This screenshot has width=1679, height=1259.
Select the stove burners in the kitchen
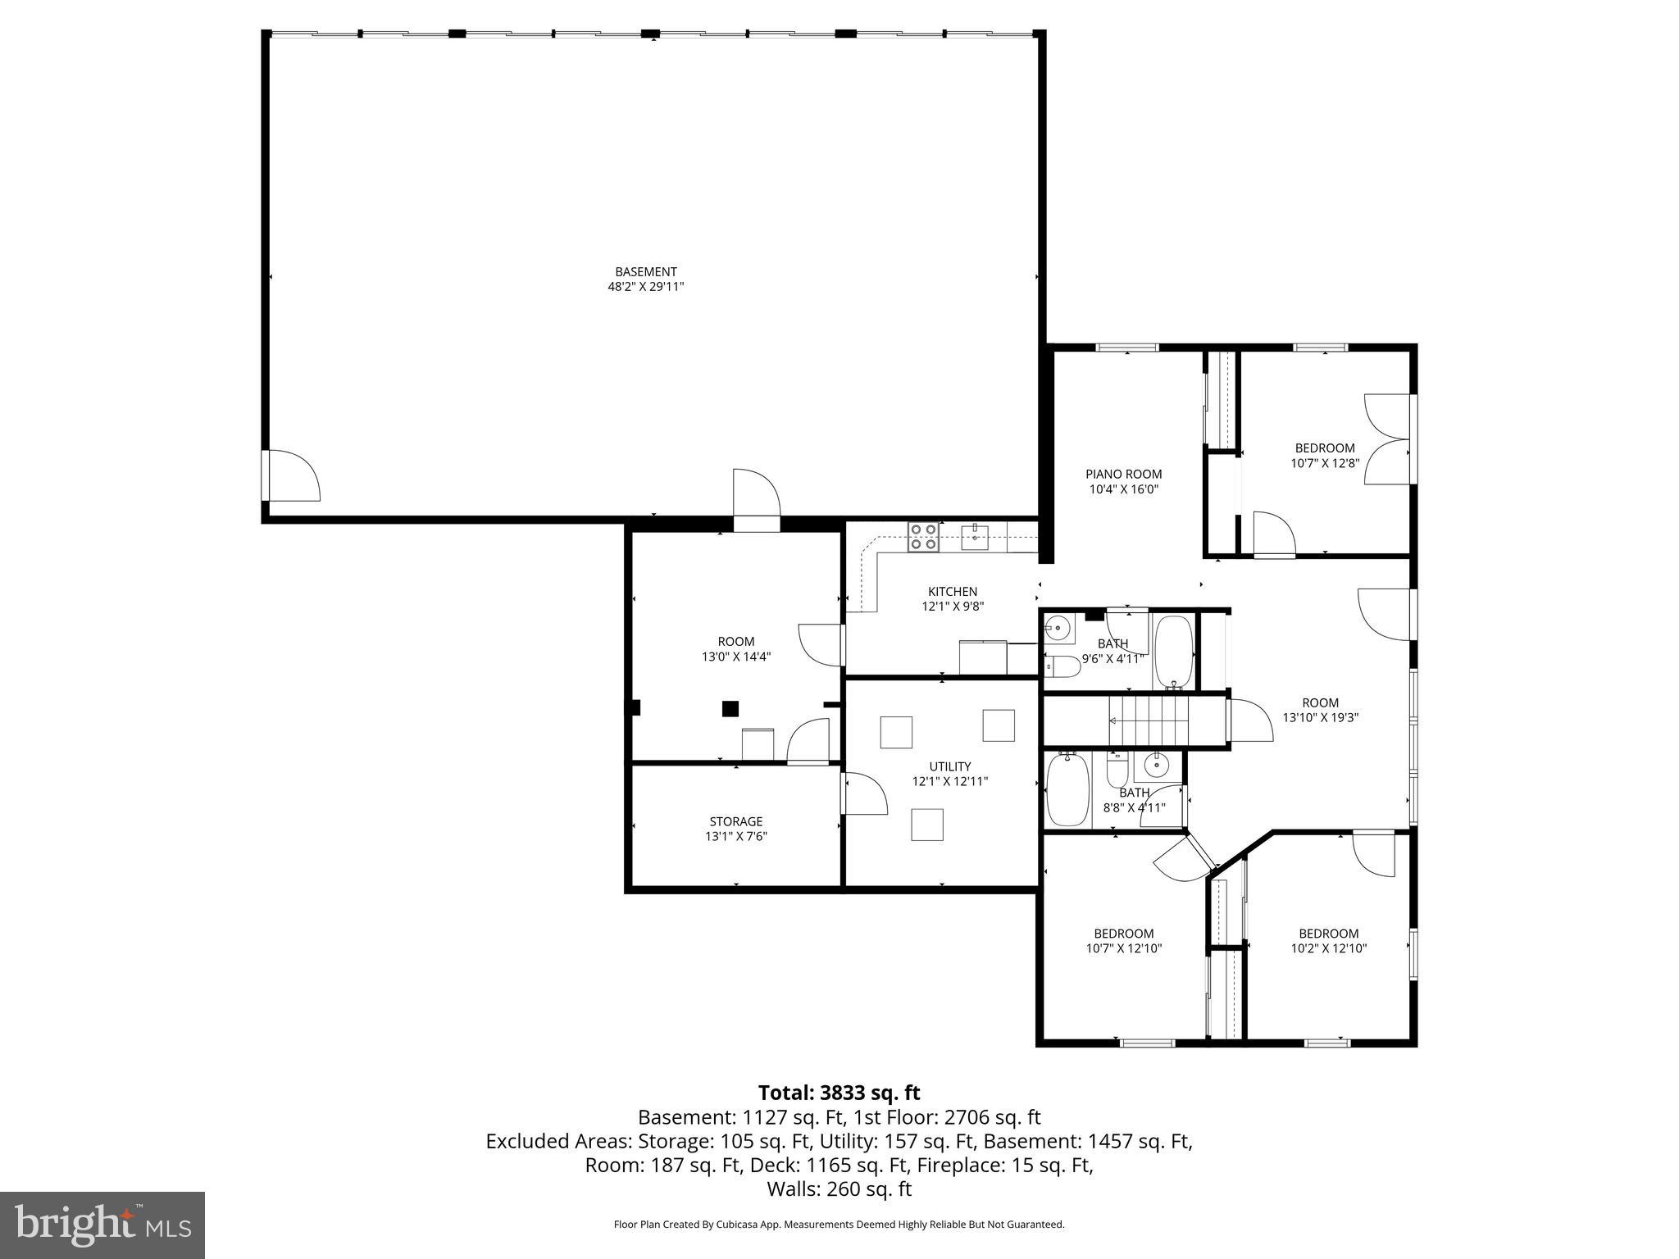[922, 537]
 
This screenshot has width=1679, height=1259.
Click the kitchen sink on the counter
[974, 538]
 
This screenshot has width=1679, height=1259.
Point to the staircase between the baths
[1148, 720]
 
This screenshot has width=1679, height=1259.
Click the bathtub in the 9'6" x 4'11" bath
[1174, 652]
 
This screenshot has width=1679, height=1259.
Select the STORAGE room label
[735, 821]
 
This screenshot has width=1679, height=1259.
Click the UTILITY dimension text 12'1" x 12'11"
[949, 781]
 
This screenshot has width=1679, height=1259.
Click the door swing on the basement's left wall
[292, 475]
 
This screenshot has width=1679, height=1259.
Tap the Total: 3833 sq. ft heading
[839, 1093]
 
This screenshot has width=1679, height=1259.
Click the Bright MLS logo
[102, 1225]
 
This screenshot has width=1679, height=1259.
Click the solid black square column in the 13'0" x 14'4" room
[730, 709]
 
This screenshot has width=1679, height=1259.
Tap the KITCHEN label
[952, 591]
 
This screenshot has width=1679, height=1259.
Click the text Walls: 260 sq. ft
[839, 1189]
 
